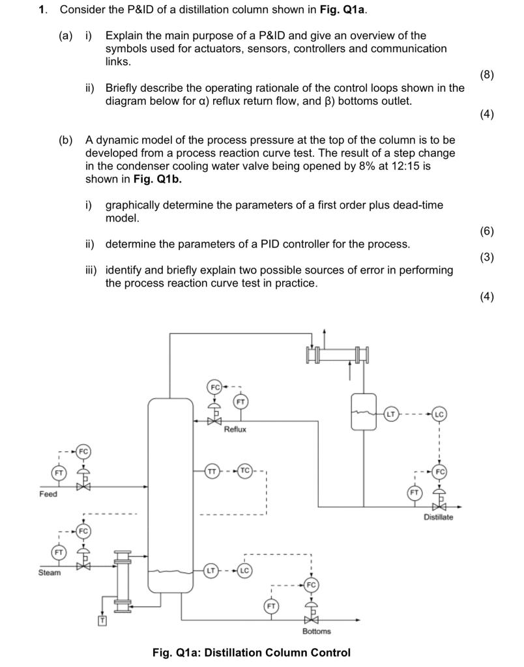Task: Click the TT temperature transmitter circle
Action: (x=212, y=470)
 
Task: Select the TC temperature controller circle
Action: (x=244, y=470)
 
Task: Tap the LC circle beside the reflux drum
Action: (x=439, y=414)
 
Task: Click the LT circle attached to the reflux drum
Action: (x=391, y=413)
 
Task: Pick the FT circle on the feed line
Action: (x=59, y=472)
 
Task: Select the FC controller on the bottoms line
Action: (x=311, y=585)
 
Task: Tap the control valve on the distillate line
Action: (x=441, y=507)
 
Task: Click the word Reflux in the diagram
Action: (x=235, y=430)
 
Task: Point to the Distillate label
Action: (x=438, y=517)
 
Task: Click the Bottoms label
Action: (x=316, y=631)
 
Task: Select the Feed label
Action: (x=48, y=494)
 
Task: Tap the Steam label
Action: (x=50, y=573)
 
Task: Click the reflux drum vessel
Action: (x=364, y=412)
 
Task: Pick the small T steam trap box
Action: (x=102, y=620)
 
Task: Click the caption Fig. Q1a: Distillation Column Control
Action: (x=251, y=653)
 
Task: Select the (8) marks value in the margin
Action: (x=486, y=74)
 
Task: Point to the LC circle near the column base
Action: (x=244, y=571)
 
